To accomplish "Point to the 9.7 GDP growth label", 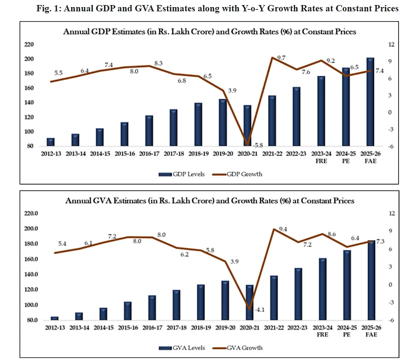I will click(281, 59).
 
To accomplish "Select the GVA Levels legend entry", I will click(178, 347).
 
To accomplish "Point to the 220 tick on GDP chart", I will click(28, 44).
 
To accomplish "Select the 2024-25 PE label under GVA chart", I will click(345, 331).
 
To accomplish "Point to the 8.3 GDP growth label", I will click(157, 63).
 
